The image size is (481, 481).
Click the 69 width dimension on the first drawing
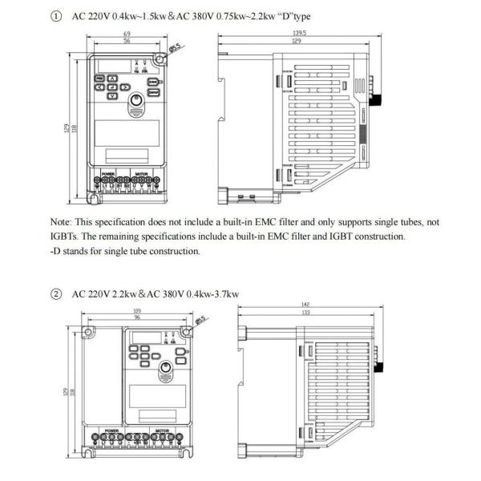click(x=127, y=34)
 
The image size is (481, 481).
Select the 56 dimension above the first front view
click(x=127, y=41)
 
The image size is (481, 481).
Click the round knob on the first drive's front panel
click(x=136, y=95)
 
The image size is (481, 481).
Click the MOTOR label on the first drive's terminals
click(x=141, y=173)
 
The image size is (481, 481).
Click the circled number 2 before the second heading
click(x=55, y=293)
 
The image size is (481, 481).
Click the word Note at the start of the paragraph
click(x=62, y=220)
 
